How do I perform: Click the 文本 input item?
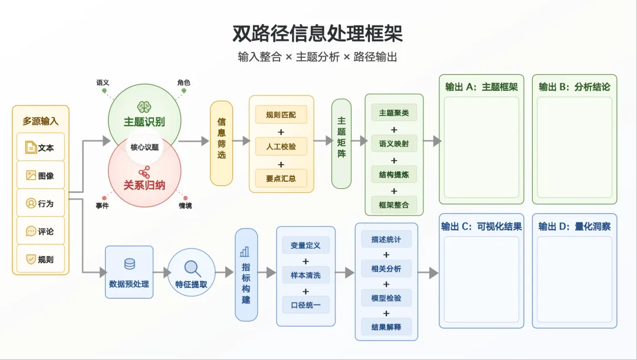point(41,147)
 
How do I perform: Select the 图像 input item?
point(41,175)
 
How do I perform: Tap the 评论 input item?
point(41,231)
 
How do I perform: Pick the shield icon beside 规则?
point(31,259)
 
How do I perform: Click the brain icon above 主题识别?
point(145,107)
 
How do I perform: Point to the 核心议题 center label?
point(145,147)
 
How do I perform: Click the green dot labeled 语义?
point(104,91)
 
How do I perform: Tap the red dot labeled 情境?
point(185,198)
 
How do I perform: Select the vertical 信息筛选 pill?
point(221,143)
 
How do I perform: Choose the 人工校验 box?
point(281,146)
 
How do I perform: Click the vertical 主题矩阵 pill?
point(342,143)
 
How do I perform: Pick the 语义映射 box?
point(393,143)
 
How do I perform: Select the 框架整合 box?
point(393,205)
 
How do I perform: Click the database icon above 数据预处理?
point(130,264)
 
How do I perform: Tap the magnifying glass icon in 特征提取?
point(192,268)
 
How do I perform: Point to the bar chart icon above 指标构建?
point(245,252)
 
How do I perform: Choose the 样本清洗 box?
point(306,275)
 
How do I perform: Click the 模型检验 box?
point(386,298)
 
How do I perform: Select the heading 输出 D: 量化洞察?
point(574,226)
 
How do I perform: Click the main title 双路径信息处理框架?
point(318,33)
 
